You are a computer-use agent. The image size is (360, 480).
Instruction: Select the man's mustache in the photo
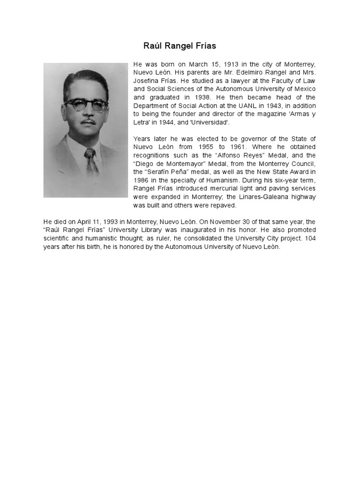(87, 122)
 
